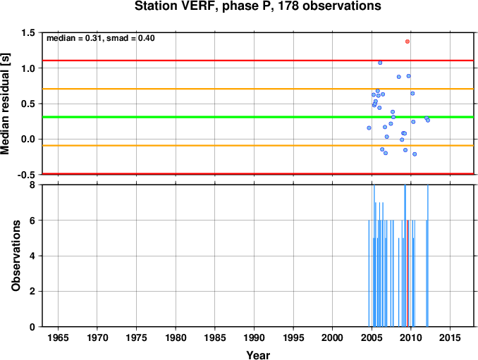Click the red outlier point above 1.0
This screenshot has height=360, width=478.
point(407,42)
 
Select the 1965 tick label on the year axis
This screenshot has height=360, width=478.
point(58,337)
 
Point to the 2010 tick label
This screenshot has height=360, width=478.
point(411,337)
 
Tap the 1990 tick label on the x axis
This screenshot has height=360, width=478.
point(254,337)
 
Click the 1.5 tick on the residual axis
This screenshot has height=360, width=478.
point(28,32)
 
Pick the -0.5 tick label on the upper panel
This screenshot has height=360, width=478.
point(26,175)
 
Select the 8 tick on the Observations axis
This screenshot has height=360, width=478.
point(32,185)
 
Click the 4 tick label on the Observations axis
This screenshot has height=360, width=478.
point(32,256)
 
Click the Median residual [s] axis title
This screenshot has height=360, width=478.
point(5,104)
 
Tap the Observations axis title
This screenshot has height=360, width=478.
point(16,256)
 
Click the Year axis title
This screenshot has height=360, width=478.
point(258,355)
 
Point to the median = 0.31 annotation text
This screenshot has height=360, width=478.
point(74,38)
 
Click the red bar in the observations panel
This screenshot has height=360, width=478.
point(407,273)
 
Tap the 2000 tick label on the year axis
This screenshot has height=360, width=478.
point(333,337)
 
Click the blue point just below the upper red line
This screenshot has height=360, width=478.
point(380,63)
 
